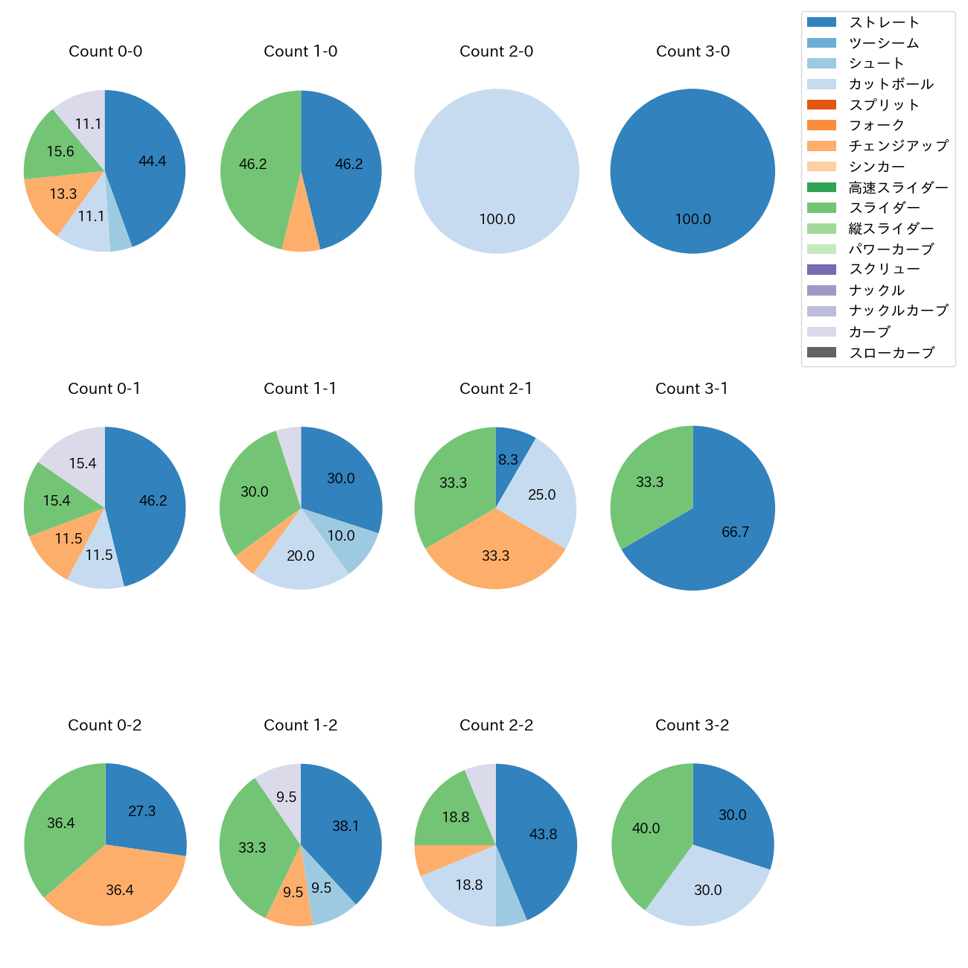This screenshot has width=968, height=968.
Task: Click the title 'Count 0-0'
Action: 105,51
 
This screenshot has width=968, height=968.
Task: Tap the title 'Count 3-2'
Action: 692,725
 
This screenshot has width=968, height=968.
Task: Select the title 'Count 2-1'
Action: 496,389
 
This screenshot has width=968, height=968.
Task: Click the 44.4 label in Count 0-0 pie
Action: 152,161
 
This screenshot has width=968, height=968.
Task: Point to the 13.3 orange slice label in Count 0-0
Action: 63,194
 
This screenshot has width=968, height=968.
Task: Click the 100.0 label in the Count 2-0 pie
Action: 497,219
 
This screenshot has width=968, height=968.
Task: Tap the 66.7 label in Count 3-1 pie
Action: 735,532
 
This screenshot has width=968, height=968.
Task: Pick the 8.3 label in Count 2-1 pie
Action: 508,459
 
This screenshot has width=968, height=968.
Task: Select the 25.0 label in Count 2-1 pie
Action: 541,494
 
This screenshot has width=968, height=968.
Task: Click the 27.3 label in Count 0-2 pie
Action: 141,811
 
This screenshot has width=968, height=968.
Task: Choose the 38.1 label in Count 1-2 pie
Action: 346,826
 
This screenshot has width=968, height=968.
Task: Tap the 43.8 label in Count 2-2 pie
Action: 543,834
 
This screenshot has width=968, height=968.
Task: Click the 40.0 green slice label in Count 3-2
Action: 646,828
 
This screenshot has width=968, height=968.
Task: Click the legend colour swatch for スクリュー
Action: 821,270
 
